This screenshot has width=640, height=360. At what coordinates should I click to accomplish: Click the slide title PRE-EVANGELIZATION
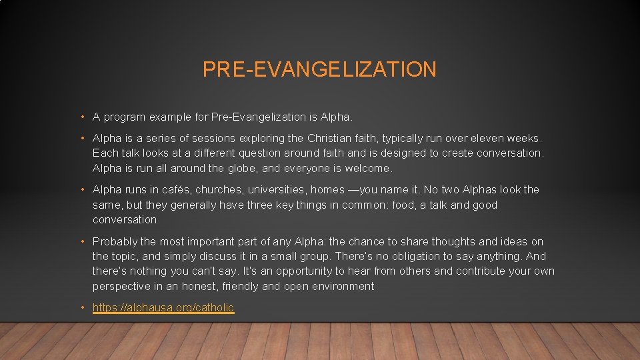click(319, 69)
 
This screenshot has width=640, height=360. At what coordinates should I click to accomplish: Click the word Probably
click(115, 241)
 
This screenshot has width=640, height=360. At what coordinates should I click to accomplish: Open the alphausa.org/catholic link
click(163, 307)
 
